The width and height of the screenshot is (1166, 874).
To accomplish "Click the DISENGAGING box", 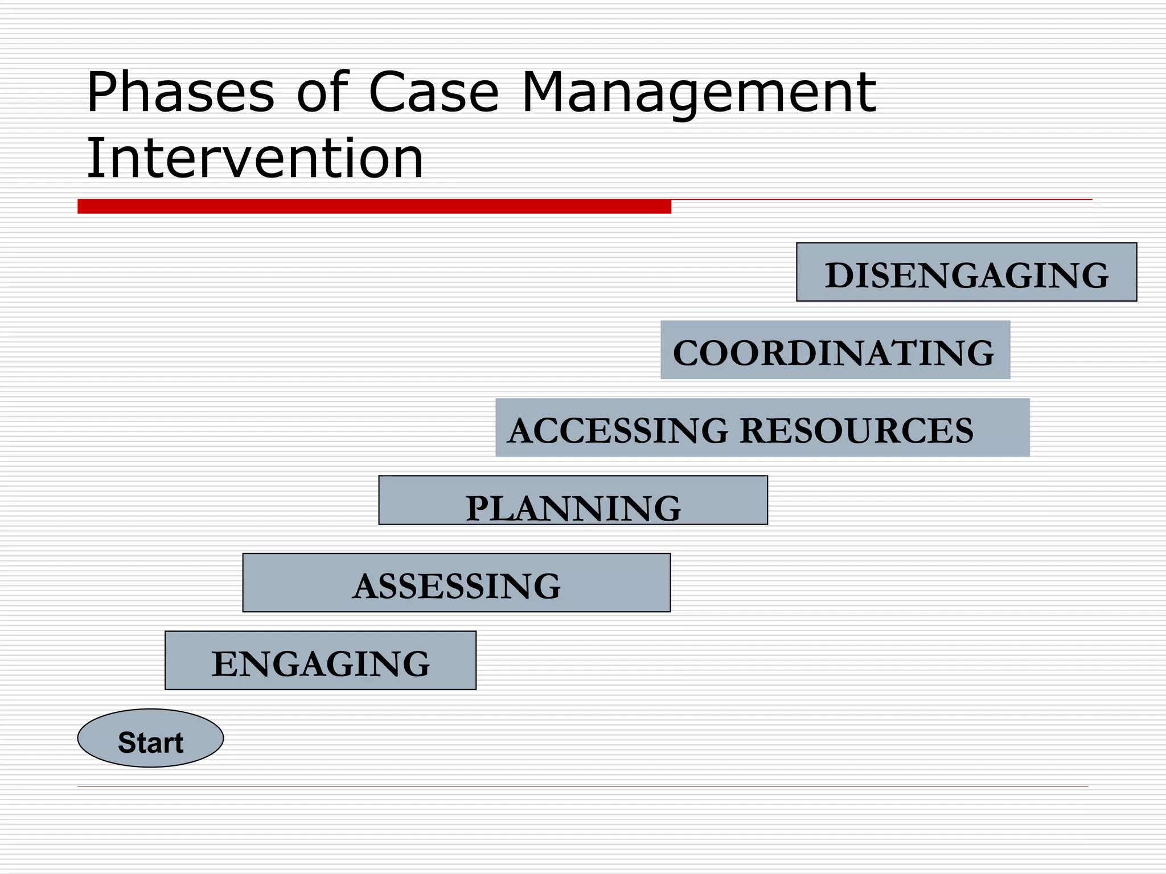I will point(966,272).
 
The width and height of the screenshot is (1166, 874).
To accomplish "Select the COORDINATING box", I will point(835,350).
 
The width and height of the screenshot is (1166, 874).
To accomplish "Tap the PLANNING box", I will point(573,500).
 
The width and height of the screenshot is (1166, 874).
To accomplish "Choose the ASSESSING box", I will point(456,583).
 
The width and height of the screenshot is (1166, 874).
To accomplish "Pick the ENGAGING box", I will point(320,661).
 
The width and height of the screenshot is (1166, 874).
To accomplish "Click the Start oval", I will point(150,738).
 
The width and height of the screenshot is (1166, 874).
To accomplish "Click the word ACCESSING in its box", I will point(618,431).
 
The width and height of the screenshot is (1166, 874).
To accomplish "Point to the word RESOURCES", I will point(857,431).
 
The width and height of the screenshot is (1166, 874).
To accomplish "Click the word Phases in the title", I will point(180,93).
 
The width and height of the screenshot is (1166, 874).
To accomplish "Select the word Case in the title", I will point(434,93).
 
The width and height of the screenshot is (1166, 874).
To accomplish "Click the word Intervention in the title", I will point(254,159).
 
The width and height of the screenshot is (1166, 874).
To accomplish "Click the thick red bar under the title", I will point(374,207).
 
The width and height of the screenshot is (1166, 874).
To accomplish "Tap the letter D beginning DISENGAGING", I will point(841,276).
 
